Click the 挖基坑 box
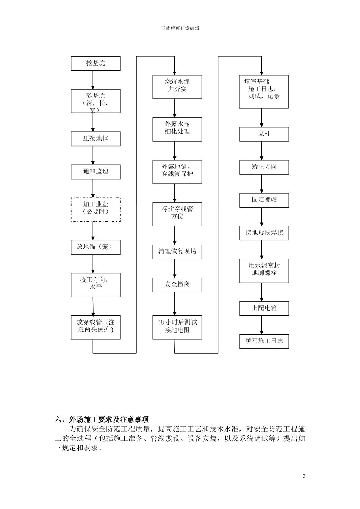coord(95,64)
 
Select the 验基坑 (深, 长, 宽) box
coord(95,101)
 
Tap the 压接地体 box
coord(95,139)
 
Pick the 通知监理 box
coord(95,172)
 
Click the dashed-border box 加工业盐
coord(95,209)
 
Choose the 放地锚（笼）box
coord(95,247)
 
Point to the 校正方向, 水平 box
coord(95,285)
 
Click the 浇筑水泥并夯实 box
coord(177,87)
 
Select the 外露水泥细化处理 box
coord(177,129)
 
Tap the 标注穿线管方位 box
coord(177,214)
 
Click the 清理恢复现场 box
coord(177,252)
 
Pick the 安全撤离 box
coord(177,285)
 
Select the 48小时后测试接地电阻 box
coord(177,327)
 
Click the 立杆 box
coord(264,134)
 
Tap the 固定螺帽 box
coord(264,200)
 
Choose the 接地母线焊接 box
coord(264,233)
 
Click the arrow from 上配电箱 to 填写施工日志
coord(262,325)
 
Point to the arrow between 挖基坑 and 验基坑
coord(93,80)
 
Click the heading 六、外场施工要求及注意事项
coord(102,419)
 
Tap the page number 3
coord(304,476)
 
